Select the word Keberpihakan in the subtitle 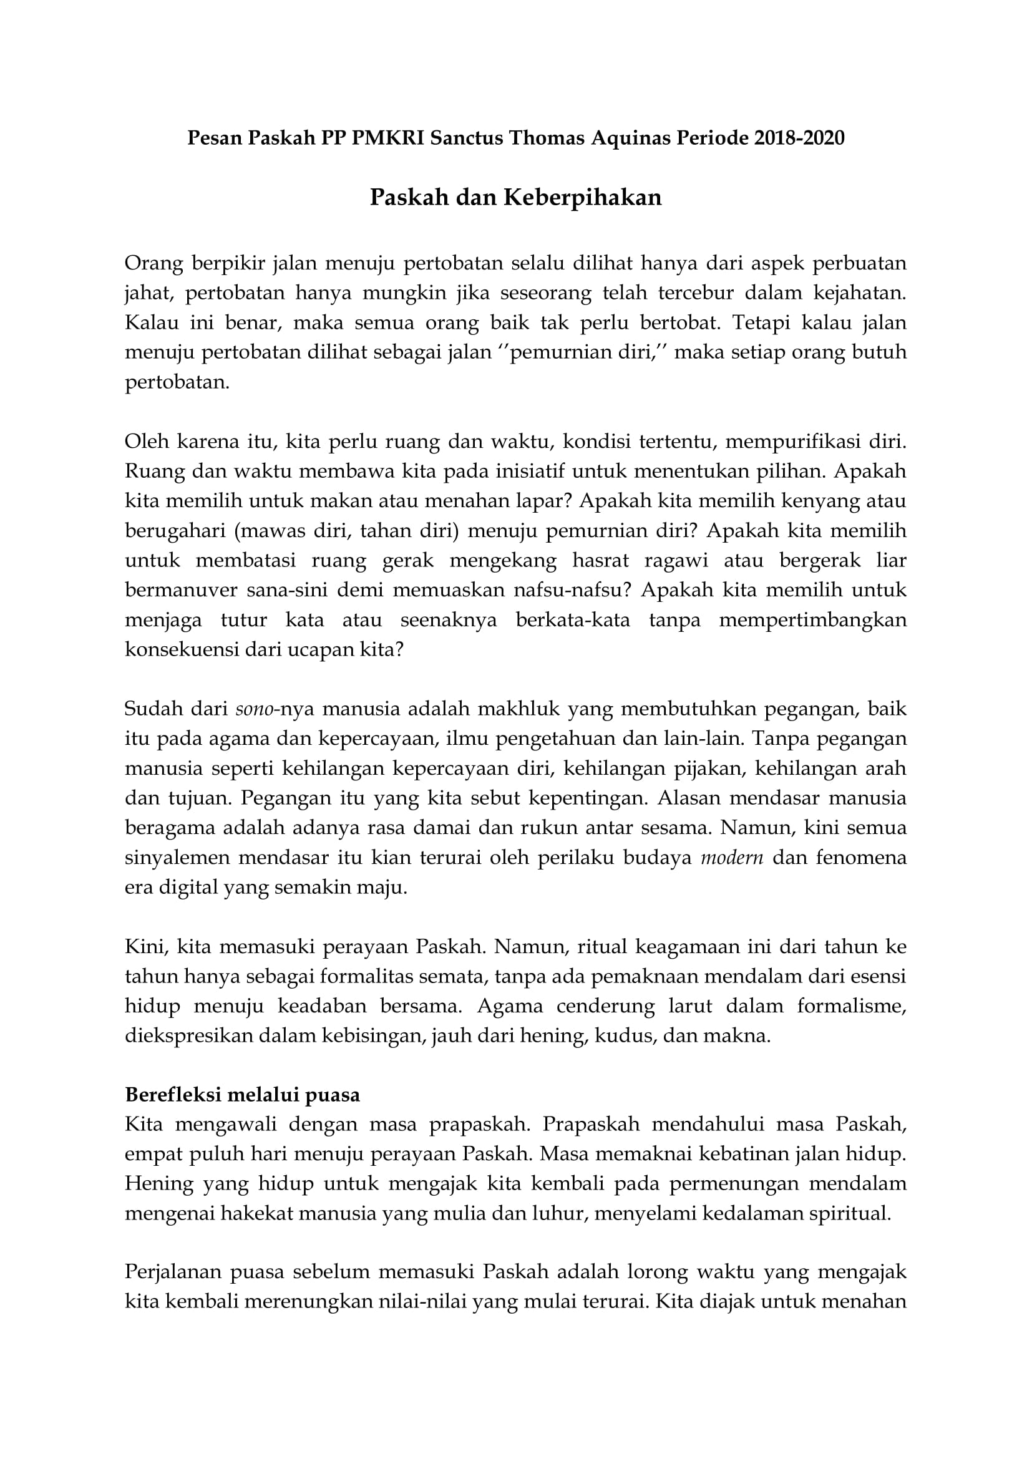583,198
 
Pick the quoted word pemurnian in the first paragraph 558,352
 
